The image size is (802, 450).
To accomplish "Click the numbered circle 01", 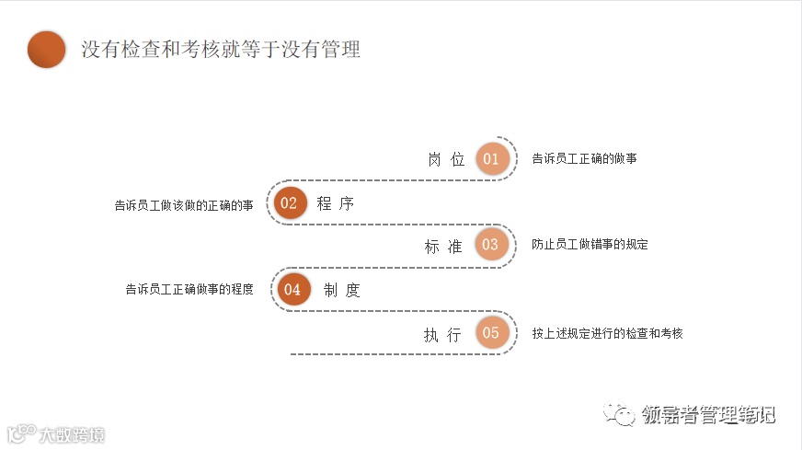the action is click(x=491, y=158).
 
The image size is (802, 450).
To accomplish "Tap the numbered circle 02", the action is click(x=289, y=203).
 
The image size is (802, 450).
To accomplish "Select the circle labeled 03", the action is click(x=490, y=245).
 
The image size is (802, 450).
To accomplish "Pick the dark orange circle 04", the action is click(x=292, y=289).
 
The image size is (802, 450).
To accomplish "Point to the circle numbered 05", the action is click(x=491, y=333).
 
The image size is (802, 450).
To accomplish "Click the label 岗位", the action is click(x=446, y=159).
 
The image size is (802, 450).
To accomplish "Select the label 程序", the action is click(x=336, y=204).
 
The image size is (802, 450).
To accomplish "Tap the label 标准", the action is click(x=443, y=246).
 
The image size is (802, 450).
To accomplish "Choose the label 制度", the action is click(x=342, y=290).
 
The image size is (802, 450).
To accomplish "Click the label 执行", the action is click(x=442, y=335).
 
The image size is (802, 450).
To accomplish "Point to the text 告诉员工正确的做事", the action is click(x=584, y=158).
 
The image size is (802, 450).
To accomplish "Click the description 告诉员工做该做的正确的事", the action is click(x=184, y=205).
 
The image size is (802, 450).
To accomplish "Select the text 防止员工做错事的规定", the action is click(x=590, y=245).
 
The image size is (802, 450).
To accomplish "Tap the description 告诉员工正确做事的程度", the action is click(x=189, y=289).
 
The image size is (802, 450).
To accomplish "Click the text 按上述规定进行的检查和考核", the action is click(x=607, y=333).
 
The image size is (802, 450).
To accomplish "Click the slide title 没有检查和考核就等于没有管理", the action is click(x=221, y=50).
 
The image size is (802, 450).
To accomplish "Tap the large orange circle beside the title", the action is click(x=47, y=50).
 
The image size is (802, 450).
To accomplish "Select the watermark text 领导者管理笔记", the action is click(x=708, y=415).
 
